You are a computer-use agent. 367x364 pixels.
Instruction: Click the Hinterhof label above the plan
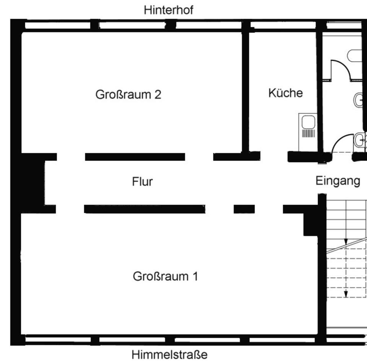click(168, 10)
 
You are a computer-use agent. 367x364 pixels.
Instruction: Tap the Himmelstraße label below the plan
click(169, 355)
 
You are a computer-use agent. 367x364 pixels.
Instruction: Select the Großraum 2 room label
click(128, 94)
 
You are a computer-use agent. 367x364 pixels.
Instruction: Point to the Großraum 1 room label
click(165, 276)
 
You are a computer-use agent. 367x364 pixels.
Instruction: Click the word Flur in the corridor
click(142, 181)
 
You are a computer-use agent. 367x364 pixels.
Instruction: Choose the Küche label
click(285, 93)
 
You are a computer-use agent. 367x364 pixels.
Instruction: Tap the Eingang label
click(338, 181)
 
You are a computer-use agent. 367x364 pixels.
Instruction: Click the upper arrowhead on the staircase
click(346, 242)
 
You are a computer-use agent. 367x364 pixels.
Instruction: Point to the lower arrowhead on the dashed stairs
click(346, 294)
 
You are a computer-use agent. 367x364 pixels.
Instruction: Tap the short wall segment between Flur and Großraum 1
click(244, 209)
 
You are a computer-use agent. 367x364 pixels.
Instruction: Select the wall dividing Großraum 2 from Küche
click(245, 92)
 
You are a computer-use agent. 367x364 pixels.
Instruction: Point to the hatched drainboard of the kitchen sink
click(308, 133)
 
